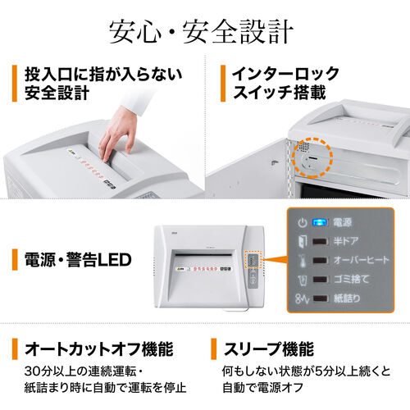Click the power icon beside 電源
coord(301,221)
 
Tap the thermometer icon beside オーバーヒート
coord(301,260)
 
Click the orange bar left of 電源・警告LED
coord(16,260)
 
